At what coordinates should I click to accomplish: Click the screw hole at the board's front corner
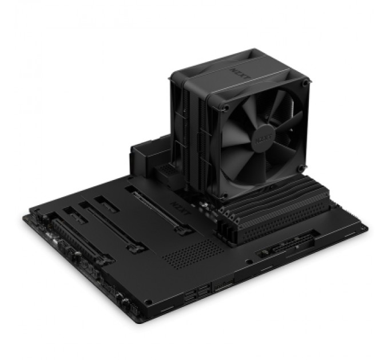tap(148, 301)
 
